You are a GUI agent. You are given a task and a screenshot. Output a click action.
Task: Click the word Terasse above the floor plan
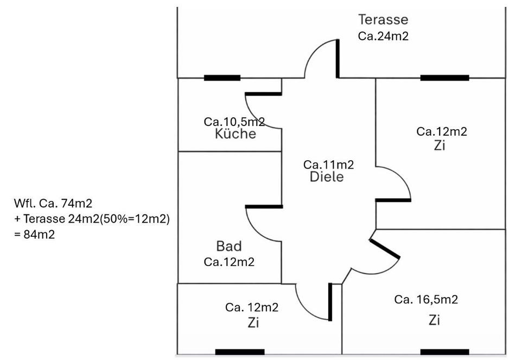(x=383, y=20)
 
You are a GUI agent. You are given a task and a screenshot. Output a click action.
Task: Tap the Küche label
(x=235, y=134)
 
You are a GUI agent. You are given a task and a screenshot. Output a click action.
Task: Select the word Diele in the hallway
(x=327, y=176)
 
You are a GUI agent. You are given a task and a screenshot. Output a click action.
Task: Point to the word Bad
(x=228, y=247)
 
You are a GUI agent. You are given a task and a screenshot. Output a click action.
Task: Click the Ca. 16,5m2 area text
(x=426, y=299)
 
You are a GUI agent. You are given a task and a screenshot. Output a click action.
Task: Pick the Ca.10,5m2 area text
(x=234, y=122)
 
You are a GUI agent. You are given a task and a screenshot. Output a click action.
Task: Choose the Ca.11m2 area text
(x=328, y=165)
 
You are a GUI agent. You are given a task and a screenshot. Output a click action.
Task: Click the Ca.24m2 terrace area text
(x=383, y=36)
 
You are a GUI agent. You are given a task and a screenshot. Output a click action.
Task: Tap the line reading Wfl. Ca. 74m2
(x=53, y=204)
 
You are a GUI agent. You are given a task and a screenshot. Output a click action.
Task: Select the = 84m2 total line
(x=35, y=235)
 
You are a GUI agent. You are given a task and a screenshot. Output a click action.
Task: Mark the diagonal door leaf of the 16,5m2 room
(x=385, y=249)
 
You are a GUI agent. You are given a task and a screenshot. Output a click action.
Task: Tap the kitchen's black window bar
(x=222, y=78)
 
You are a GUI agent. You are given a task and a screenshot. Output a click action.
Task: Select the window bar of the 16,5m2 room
(x=444, y=352)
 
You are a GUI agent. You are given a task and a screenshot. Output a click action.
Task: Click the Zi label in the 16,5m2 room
(x=434, y=320)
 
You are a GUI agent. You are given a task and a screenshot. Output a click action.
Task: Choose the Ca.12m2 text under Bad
(x=229, y=262)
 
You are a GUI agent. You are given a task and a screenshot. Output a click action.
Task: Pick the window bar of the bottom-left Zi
(x=239, y=352)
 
